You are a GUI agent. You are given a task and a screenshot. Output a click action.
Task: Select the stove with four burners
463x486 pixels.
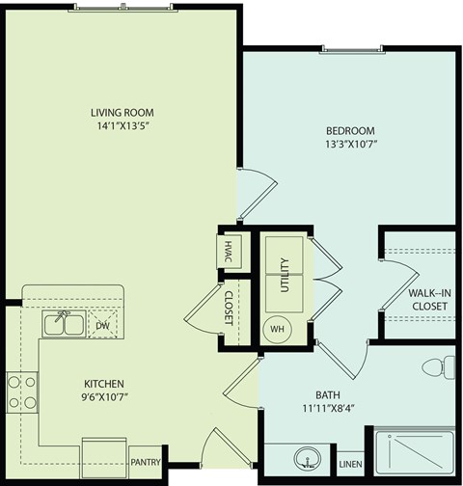pos(22,392)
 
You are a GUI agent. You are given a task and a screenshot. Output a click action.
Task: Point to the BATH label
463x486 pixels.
pos(328,394)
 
